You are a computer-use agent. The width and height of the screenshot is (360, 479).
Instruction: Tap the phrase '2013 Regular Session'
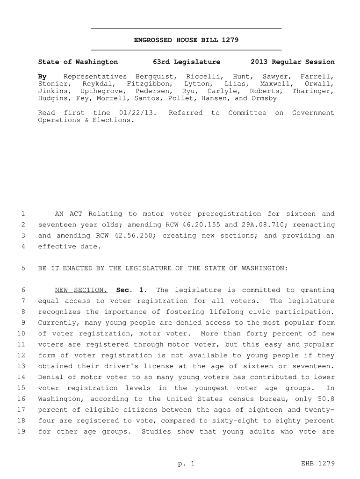tap(292, 62)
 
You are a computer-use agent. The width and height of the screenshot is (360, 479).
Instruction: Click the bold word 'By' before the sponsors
tap(42, 76)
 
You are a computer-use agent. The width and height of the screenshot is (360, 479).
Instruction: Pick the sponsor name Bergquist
tap(156, 76)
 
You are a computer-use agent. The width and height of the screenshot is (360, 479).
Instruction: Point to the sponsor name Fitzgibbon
tap(148, 84)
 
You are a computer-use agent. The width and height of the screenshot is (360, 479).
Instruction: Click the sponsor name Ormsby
tap(264, 99)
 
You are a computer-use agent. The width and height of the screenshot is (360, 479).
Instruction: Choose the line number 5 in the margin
tap(23, 269)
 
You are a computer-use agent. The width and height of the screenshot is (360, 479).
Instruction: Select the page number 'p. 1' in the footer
tap(186, 464)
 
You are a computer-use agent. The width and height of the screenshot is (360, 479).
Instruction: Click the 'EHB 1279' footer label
tap(319, 464)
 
